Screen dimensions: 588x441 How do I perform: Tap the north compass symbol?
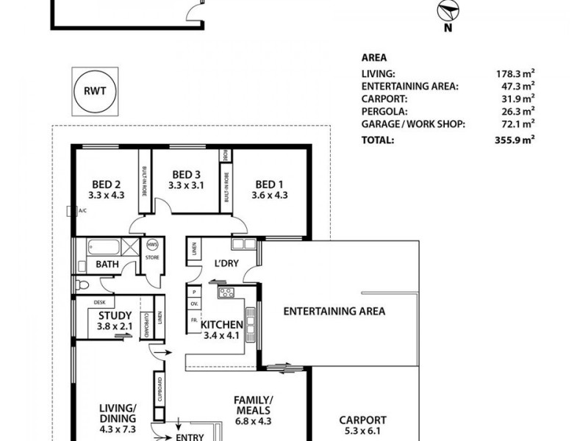coord(448,10)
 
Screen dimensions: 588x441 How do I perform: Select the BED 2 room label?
coord(107,184)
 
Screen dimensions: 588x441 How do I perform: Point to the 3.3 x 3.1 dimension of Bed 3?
coord(186,185)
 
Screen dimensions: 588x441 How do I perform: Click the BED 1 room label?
coord(269,184)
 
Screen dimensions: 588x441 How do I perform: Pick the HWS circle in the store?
coord(152,245)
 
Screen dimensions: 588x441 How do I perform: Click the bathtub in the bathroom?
coord(104,247)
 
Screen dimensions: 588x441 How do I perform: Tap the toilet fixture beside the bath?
coord(82,285)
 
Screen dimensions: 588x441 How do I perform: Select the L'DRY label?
coord(226,263)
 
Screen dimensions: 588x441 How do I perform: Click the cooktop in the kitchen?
coord(226,293)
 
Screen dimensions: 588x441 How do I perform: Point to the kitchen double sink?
coord(250,325)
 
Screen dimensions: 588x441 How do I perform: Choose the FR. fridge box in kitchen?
coord(194,320)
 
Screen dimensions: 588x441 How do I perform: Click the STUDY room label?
coord(115,316)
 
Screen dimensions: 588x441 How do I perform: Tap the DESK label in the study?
coord(99,302)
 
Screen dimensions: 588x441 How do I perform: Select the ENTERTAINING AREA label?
coord(334,311)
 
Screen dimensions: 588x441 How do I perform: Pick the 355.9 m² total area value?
coord(514,140)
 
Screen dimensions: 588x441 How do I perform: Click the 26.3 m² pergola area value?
coord(518,112)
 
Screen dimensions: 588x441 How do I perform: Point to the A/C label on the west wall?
coord(82,211)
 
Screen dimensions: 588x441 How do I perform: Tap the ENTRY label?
coord(190,437)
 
